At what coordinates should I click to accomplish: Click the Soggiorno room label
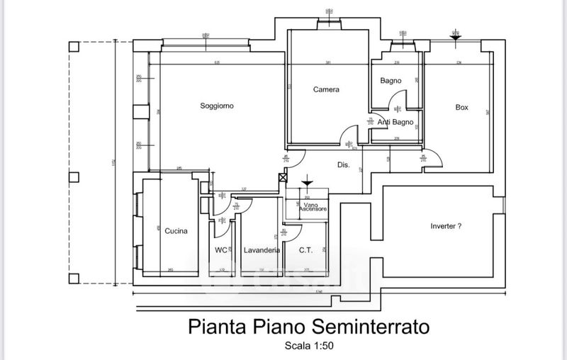pos(216,106)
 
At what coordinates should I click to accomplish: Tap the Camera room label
pos(326,90)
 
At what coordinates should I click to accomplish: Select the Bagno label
pos(391,81)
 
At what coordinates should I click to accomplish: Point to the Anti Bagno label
pos(395,123)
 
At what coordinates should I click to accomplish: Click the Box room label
pos(461,108)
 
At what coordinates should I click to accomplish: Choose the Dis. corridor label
pos(343,166)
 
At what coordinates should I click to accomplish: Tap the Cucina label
pos(176,231)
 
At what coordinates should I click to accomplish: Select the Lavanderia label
pos(261,250)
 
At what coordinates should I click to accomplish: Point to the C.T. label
pos(305,250)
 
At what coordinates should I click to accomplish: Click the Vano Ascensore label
pos(311,207)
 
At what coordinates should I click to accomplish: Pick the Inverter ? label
pos(446,227)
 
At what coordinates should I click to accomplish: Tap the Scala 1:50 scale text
pos(308,347)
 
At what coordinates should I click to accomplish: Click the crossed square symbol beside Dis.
pos(283,178)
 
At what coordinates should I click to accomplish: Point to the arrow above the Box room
pos(454,34)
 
